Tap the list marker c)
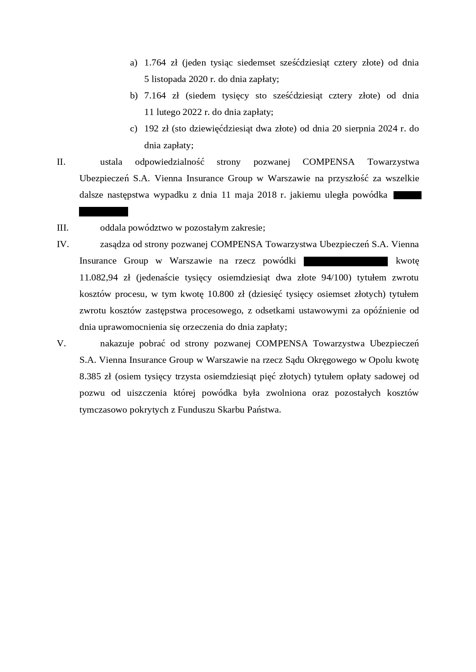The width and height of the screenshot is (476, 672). [133, 129]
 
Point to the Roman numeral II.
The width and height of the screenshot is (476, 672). [61, 162]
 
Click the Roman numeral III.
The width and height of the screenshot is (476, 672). [63, 228]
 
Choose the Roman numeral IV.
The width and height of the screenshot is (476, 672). [63, 244]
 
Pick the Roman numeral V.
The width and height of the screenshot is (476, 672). [61, 343]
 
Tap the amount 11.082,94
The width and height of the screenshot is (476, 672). [98, 277]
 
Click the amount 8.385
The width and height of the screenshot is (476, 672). [90, 376]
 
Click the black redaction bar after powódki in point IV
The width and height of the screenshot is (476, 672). [346, 261]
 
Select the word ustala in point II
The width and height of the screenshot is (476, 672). [111, 162]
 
